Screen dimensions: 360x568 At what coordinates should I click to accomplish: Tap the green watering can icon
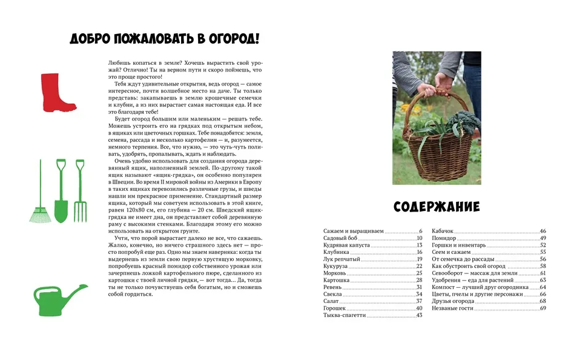coord(57,301)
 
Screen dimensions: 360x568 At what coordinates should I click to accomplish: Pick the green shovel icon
coord(61,190)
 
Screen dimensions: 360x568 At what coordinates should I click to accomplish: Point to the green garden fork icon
coord(80,190)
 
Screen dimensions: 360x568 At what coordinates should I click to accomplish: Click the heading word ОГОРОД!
coord(233,39)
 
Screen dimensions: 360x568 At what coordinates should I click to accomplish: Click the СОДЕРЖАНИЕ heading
coord(437,207)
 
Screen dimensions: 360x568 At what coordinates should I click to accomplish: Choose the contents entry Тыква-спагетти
coord(344,315)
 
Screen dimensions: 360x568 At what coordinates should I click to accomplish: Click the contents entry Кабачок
coord(442,232)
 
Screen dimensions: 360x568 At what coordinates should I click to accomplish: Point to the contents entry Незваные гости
coord(452,308)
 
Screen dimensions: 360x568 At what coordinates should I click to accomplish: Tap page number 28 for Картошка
coord(418,280)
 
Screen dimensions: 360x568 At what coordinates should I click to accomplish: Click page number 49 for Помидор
coord(543,238)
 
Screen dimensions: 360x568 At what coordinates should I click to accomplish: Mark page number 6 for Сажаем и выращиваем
coord(420,232)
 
